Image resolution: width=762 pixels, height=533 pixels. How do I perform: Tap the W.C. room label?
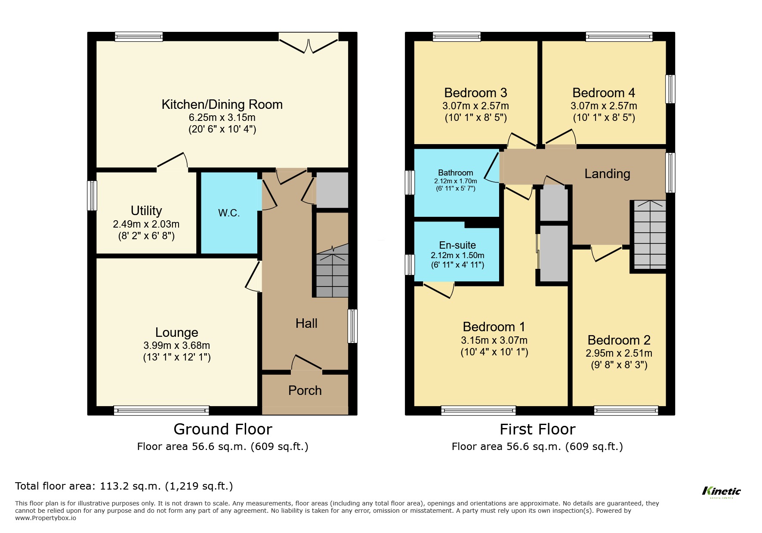coord(229,213)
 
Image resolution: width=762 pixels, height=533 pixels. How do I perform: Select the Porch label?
coord(305,391)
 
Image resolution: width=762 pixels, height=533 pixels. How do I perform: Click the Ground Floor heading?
coord(223,429)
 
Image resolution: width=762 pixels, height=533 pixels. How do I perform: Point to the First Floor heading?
coord(537,429)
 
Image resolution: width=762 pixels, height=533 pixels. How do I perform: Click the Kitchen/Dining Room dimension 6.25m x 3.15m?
coord(222,117)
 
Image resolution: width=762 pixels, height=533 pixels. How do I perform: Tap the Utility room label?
coord(146,211)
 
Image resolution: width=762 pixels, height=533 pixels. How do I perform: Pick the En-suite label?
coord(457,245)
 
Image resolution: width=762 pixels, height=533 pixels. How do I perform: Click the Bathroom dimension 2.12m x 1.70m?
coord(455,181)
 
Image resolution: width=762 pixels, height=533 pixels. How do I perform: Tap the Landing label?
coord(607,174)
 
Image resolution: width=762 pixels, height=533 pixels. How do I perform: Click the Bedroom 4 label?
coord(604,93)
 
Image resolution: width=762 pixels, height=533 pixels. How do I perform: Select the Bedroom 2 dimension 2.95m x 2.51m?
coord(619,353)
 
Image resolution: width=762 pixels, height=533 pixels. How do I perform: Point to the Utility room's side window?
coord(92,195)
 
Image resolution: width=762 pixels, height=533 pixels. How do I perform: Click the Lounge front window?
coord(161,410)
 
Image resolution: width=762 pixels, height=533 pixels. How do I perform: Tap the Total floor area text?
coord(124,486)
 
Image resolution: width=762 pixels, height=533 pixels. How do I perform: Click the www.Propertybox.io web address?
coord(46,518)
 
